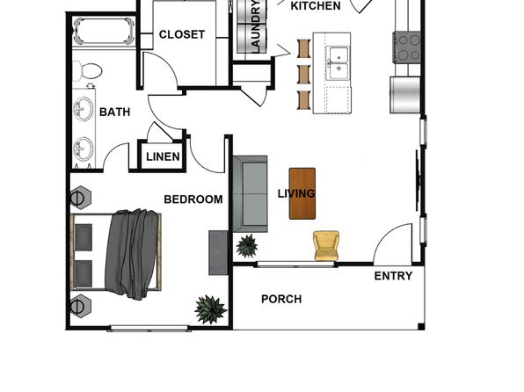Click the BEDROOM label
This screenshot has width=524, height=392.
point(193,200)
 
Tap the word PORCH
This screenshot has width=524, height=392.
point(281,299)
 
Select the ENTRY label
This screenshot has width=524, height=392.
point(393,276)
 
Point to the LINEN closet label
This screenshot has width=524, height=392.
point(163,156)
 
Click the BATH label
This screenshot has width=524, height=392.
point(114,112)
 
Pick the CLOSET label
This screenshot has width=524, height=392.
point(182,34)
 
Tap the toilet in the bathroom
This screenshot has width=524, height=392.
point(87,71)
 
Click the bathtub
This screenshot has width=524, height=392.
point(104,32)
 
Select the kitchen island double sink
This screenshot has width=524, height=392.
point(338,62)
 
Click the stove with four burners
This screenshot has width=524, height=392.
point(406,47)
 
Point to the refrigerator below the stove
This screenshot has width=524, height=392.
point(405,95)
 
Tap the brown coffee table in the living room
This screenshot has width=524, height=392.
point(302,193)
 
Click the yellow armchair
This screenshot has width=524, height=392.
point(326,245)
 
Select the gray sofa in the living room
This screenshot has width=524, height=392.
point(251,194)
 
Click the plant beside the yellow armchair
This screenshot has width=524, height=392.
point(247,246)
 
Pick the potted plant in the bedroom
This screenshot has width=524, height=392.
point(210,309)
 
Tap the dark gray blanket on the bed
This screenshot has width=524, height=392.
point(131,254)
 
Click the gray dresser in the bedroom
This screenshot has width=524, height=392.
point(218,252)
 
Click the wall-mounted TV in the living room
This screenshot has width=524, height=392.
point(418,180)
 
